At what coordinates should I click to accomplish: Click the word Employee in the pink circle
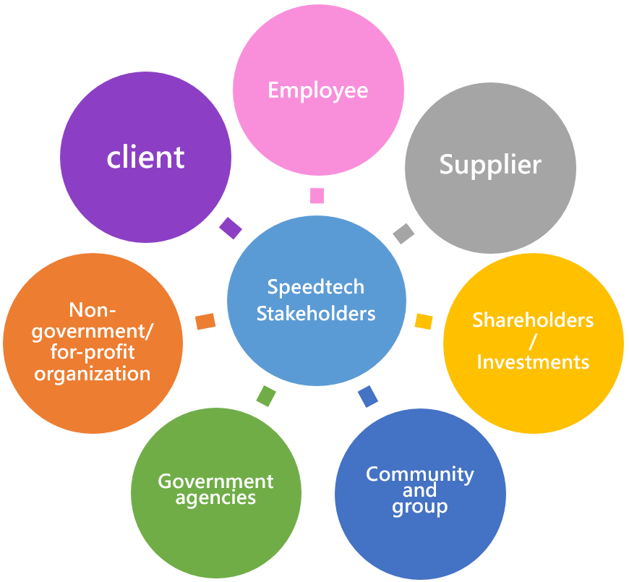tap(317, 90)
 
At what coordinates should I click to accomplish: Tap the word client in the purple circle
tap(146, 157)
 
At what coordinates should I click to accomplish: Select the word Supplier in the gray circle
tap(490, 165)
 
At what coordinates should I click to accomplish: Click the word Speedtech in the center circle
tap(316, 287)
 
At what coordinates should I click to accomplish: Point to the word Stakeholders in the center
tap(316, 313)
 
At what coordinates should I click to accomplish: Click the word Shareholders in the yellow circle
tap(533, 320)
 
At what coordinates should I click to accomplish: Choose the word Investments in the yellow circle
tap(533, 361)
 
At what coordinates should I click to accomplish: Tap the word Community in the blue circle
tap(420, 474)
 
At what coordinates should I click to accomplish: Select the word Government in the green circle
tap(216, 482)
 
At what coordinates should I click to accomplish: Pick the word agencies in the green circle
tap(215, 498)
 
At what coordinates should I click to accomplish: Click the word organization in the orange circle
tap(93, 374)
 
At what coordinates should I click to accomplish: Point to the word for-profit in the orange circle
tap(93, 353)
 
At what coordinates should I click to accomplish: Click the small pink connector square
tap(317, 195)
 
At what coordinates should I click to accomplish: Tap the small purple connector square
tap(231, 228)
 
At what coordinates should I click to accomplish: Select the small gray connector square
tap(404, 234)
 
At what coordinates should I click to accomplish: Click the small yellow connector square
tap(424, 321)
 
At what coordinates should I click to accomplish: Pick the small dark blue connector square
tap(368, 396)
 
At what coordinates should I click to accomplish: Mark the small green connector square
tap(267, 396)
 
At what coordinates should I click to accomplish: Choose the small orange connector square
tap(206, 322)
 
